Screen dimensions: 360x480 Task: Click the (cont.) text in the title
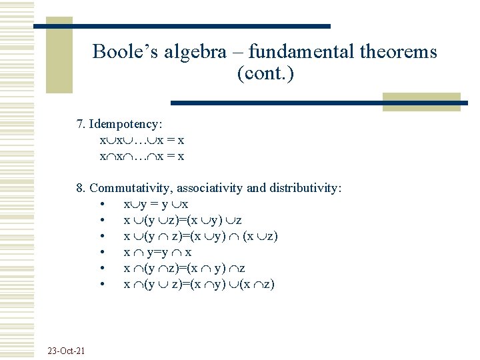tap(265, 73)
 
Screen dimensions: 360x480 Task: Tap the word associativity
tap(209, 188)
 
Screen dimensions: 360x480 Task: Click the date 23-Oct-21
tap(66, 351)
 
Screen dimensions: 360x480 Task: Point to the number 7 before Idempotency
tap(80, 124)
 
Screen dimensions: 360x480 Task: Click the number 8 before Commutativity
tap(80, 188)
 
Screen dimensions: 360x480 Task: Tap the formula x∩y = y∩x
tap(158, 252)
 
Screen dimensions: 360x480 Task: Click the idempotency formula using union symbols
tap(142, 141)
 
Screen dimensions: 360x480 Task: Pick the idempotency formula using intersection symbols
tap(142, 157)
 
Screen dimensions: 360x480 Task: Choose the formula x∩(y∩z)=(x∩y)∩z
tap(185, 268)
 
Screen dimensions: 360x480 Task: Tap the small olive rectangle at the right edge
tap(421, 101)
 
